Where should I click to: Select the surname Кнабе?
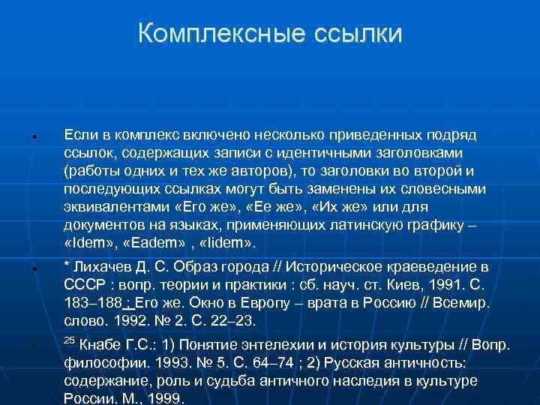[x=104, y=346]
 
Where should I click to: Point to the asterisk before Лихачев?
[x=67, y=267]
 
